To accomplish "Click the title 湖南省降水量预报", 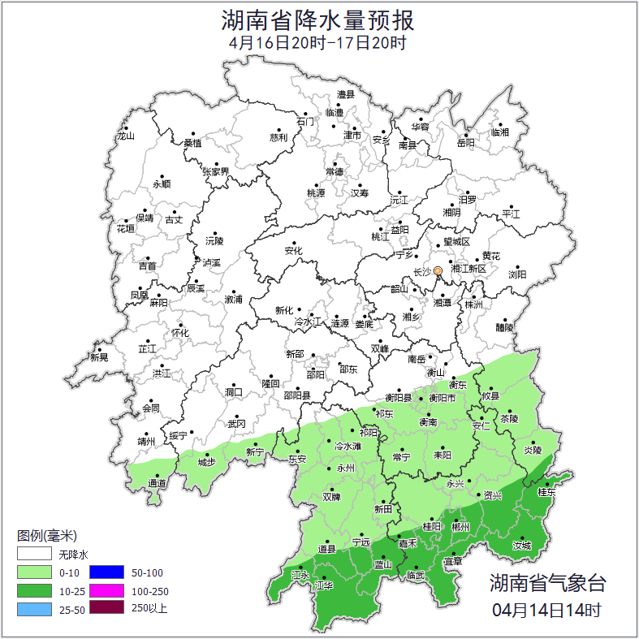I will click(317, 19).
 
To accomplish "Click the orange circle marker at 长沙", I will click(438, 270).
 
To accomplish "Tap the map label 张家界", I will click(216, 172).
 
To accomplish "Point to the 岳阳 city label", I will click(465, 143).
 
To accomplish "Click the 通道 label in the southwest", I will click(157, 484).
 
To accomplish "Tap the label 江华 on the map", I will click(325, 585).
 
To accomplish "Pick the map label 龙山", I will click(125, 136).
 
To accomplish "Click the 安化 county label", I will click(293, 251).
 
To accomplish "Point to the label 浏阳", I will click(517, 274).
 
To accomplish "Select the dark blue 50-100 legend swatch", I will click(106, 572).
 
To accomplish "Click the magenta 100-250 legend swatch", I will click(106, 590).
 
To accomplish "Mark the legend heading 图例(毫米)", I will click(46, 536).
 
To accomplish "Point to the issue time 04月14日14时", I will click(546, 609).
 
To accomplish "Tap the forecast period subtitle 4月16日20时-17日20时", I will click(317, 43).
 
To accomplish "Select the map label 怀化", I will click(179, 333).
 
